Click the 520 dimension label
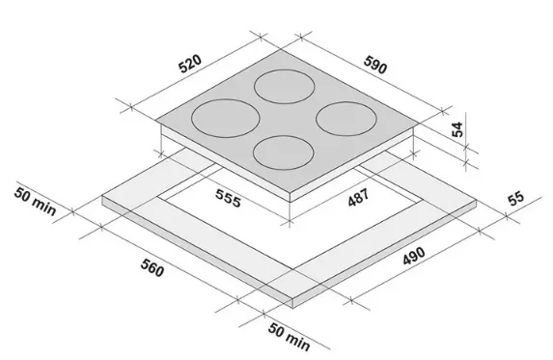(190, 64)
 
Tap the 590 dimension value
(375, 65)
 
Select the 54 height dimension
(457, 129)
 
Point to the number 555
(229, 198)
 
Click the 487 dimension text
(358, 197)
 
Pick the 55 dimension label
(516, 199)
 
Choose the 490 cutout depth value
(414, 256)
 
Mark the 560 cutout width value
(152, 267)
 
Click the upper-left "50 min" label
(36, 202)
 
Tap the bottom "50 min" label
(290, 337)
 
